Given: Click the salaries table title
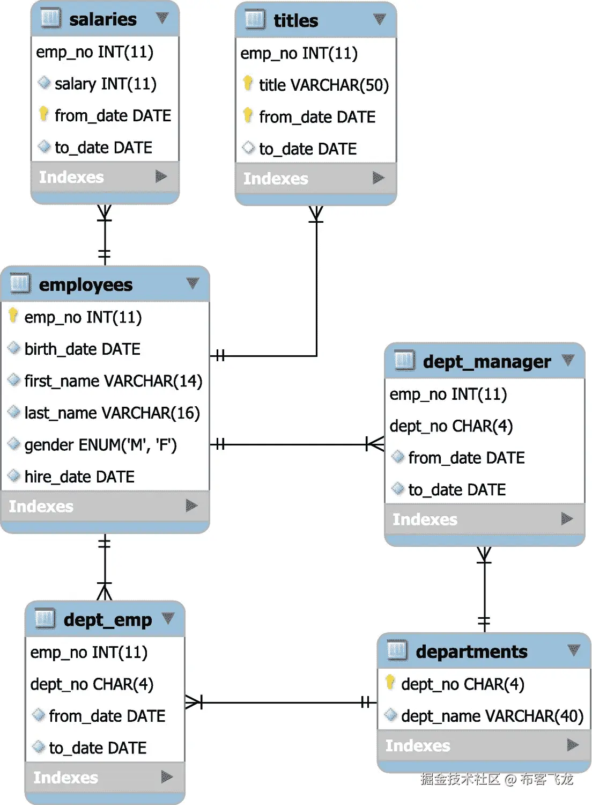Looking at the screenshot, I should (103, 19).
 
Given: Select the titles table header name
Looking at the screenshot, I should (295, 21).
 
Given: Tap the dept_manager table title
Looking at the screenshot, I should (486, 362).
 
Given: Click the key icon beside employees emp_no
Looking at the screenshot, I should (13, 316).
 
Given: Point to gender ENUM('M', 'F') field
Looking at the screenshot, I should (100, 445).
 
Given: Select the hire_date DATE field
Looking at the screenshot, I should (79, 477).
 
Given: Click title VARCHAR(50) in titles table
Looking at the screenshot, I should (323, 85).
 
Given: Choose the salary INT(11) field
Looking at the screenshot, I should (105, 84).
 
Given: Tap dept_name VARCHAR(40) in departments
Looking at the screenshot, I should (492, 716).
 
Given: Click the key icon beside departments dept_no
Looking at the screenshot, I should (390, 683).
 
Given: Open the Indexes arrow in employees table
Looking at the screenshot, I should (191, 506).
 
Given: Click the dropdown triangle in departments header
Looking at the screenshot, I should (574, 650).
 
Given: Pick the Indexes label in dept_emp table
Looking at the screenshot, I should (65, 778).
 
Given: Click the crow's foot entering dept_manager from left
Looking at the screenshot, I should (375, 444).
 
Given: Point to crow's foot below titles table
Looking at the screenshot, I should (316, 214).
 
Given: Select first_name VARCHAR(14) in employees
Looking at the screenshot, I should (113, 381).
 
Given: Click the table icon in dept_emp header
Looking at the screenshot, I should (45, 619).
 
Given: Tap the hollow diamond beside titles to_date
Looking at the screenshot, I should (248, 148).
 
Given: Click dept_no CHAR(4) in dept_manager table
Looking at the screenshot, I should (451, 426).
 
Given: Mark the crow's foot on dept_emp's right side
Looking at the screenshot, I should (194, 702).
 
